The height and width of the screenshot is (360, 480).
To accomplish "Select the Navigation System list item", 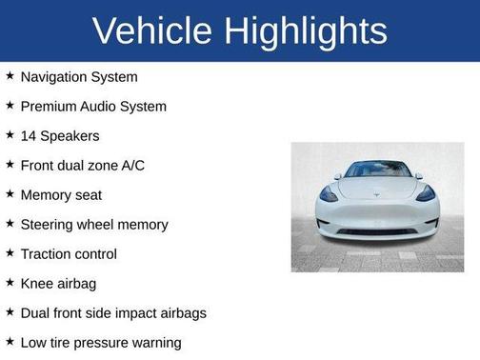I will click(x=79, y=77).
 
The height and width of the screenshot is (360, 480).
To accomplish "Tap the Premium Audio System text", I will click(x=93, y=107).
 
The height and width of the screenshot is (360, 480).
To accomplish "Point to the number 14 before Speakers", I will click(x=29, y=136).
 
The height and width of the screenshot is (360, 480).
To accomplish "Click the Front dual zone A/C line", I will click(x=82, y=166).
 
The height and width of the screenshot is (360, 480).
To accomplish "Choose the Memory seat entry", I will click(x=61, y=195).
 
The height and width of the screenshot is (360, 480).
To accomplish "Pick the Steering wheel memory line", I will click(x=94, y=225).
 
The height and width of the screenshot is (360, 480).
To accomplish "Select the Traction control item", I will click(x=69, y=254).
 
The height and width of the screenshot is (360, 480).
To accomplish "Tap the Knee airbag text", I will click(x=58, y=284).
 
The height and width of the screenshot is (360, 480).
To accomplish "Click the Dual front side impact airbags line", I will click(x=113, y=313).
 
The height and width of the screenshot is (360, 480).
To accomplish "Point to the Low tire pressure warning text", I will click(x=101, y=343).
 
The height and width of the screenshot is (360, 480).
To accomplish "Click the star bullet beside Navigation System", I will click(x=10, y=76).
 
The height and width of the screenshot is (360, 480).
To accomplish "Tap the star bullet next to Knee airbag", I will click(x=10, y=283).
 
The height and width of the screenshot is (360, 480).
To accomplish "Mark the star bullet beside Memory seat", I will click(x=10, y=194).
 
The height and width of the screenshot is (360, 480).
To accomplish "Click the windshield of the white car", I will click(x=377, y=170).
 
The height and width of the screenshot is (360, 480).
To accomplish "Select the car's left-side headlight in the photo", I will click(x=330, y=193).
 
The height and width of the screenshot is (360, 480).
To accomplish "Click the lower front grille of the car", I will click(x=377, y=230).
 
